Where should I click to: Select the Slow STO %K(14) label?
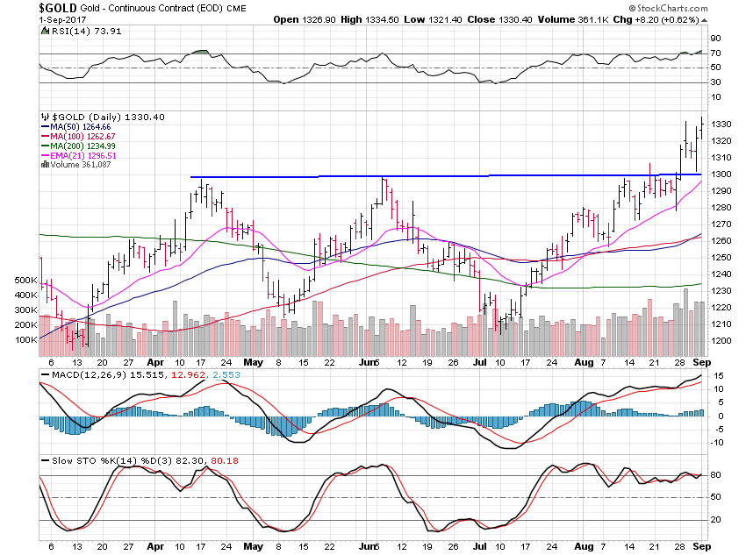coord(82,459)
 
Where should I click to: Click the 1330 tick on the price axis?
coord(721,124)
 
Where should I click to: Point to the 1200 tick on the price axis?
coord(721,340)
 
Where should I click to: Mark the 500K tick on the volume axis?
coord(24,280)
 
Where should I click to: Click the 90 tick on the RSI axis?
coord(716,39)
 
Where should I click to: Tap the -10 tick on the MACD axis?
coord(717,442)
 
